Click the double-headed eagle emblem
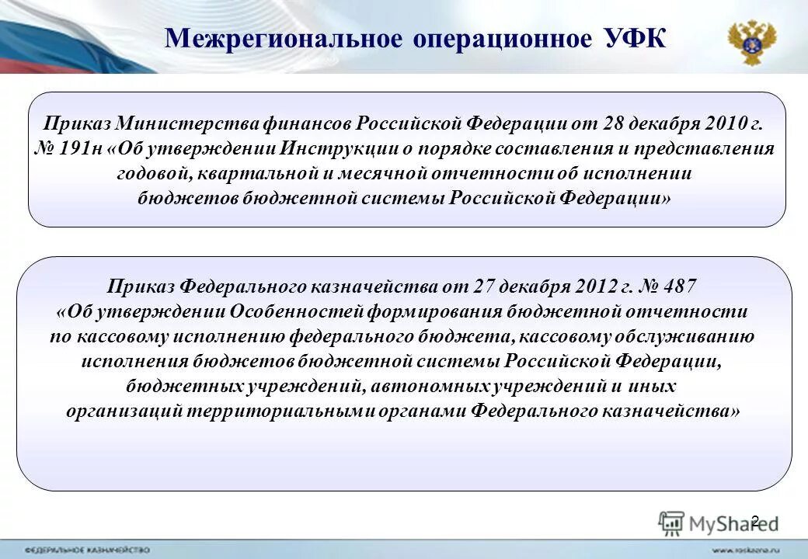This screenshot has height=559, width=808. click(x=751, y=43)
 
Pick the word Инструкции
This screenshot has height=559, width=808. click(x=340, y=148)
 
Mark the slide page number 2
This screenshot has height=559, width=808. click(x=754, y=521)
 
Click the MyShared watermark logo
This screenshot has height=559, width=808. click(x=719, y=524)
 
